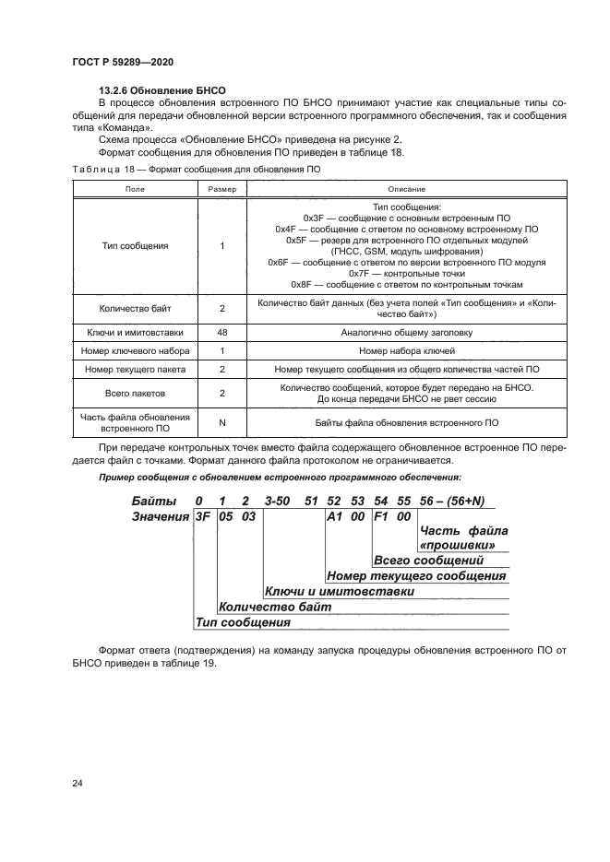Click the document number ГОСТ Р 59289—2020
pos(123,62)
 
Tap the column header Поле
pos(135,188)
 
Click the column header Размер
pos(222,188)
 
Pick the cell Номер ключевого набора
pos(135,351)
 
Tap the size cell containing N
pos(222,422)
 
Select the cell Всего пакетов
pos(135,393)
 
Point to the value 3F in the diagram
pos(202,517)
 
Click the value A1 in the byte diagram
pos(335,517)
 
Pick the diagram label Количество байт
pos(261,607)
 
